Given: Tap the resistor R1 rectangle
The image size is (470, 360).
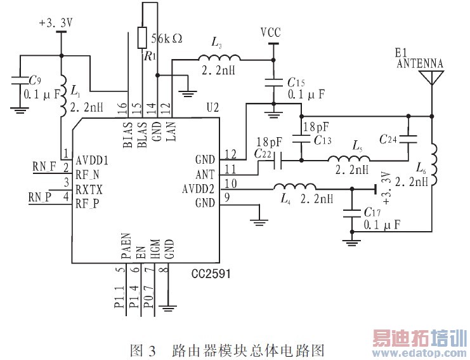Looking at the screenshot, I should [x=142, y=37].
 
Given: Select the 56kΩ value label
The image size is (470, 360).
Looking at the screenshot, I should [x=167, y=38].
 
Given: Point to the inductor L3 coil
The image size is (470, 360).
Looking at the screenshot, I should [x=216, y=58].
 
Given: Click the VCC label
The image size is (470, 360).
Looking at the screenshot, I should [x=271, y=32].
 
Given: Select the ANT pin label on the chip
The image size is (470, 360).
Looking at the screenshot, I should [x=206, y=173].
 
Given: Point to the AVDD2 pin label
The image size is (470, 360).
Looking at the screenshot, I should [x=199, y=188].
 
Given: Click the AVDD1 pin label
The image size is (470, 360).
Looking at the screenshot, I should [x=91, y=161].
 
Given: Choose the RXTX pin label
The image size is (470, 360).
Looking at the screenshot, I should [x=89, y=189].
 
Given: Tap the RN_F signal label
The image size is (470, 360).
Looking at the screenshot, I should [x=44, y=167].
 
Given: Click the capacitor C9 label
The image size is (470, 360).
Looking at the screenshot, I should [x=36, y=81].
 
